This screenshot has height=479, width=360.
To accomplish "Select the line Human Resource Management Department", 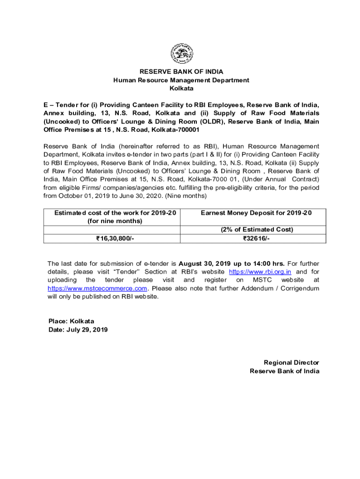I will click(x=181, y=80).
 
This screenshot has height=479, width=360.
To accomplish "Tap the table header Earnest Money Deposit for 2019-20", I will click(x=256, y=213).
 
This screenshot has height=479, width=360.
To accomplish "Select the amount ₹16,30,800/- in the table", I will click(x=115, y=239).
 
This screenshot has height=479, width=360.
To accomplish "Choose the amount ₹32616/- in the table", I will click(x=256, y=239).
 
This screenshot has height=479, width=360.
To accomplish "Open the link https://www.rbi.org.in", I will click(x=260, y=272).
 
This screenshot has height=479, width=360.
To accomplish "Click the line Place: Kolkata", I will click(x=71, y=321).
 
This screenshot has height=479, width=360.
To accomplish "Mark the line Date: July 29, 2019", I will click(x=78, y=330).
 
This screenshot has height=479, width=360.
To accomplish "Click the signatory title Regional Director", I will click(x=291, y=363).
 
